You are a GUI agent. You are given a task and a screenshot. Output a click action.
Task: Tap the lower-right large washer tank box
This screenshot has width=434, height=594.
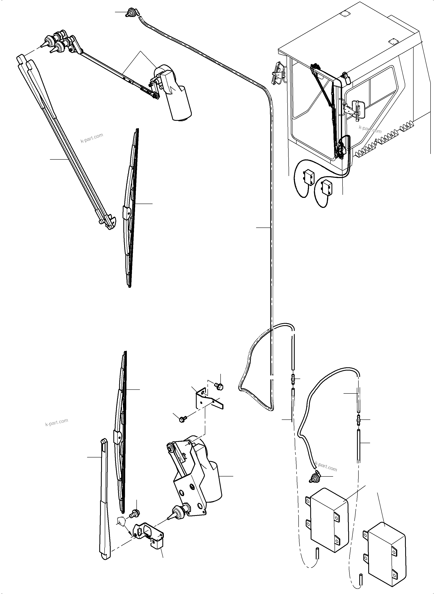[386, 557]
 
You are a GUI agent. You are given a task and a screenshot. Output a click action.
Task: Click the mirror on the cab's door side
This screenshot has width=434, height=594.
[355, 109]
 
